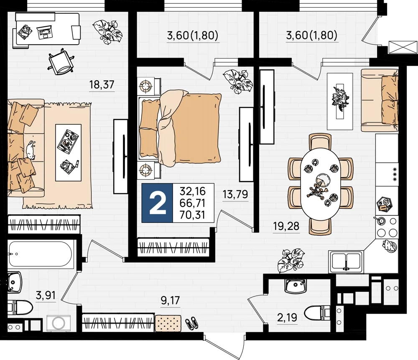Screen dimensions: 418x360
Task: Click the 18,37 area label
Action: (x=102, y=85)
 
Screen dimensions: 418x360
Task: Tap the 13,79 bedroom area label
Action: (x=235, y=194)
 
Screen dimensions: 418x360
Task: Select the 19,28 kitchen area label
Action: (x=286, y=226)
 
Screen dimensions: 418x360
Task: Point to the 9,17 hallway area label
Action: (x=171, y=301)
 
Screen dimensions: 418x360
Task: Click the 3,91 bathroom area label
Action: (x=46, y=295)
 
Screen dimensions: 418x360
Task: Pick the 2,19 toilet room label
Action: (x=287, y=318)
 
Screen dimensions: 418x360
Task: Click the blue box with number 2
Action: (x=157, y=203)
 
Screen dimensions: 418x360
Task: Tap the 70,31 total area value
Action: (x=192, y=215)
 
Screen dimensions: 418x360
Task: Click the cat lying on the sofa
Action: (x=30, y=150)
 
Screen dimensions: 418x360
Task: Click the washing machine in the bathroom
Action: (x=59, y=323)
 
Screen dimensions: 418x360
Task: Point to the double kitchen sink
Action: (x=346, y=262)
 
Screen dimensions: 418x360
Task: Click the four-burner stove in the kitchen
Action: (x=387, y=227)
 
